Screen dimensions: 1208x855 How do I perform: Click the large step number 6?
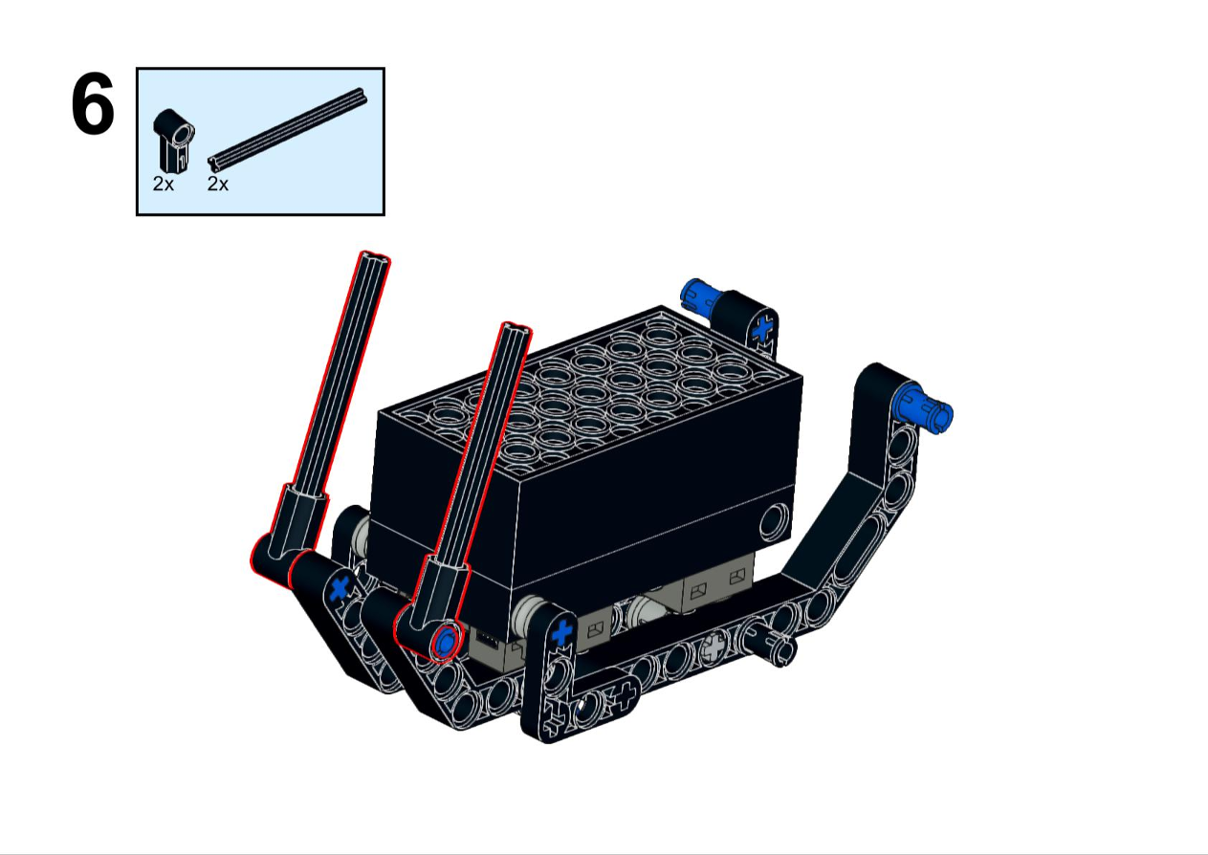[x=93, y=104]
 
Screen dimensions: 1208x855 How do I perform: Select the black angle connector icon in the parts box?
[x=174, y=142]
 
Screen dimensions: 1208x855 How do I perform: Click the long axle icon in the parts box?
[x=288, y=129]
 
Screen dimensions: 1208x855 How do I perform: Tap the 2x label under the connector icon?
[x=164, y=185]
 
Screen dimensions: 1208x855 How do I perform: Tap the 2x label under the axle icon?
[x=218, y=185]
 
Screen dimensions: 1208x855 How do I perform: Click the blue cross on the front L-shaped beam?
[x=562, y=632]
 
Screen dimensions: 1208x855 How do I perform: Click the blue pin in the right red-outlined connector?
[x=446, y=642]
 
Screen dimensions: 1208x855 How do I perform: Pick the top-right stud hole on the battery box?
[x=729, y=371]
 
